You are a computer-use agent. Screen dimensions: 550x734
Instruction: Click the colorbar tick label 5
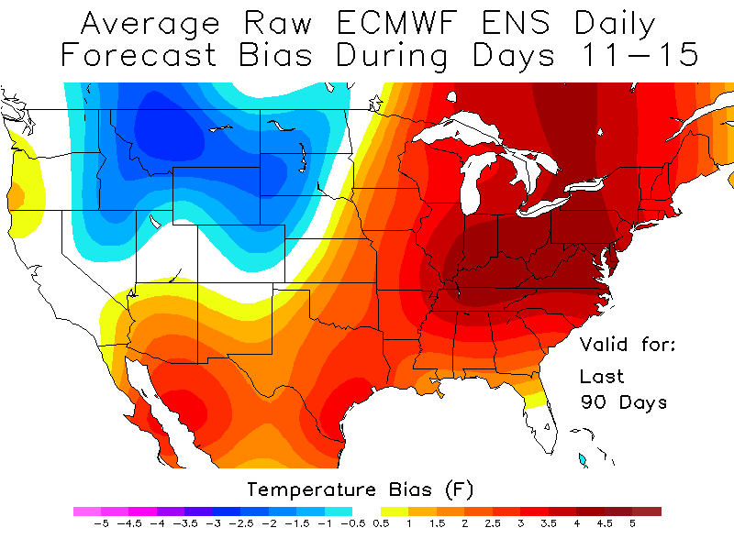(632, 524)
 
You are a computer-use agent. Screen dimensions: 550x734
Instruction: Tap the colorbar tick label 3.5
(549, 524)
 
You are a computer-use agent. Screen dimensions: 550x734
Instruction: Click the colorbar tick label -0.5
(353, 524)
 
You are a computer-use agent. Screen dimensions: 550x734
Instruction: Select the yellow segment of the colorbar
(395, 511)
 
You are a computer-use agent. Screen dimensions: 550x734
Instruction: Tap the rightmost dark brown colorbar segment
(646, 511)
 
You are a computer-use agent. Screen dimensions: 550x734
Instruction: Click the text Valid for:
(628, 346)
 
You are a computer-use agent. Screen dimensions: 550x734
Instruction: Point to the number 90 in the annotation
(594, 402)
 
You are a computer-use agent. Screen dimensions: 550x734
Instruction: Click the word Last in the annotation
(601, 376)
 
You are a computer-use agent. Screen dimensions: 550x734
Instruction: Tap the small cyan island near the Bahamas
(582, 458)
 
